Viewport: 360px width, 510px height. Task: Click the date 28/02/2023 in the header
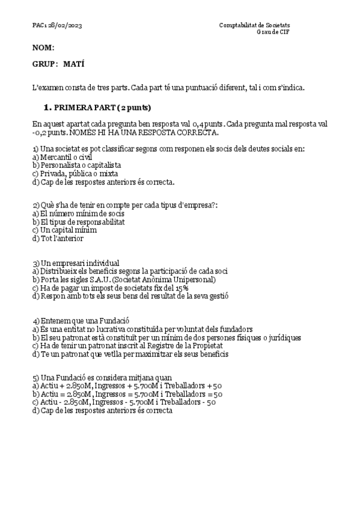click(64, 25)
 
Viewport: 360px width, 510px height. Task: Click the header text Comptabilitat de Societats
click(255, 25)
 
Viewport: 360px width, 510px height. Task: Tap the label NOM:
click(43, 47)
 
